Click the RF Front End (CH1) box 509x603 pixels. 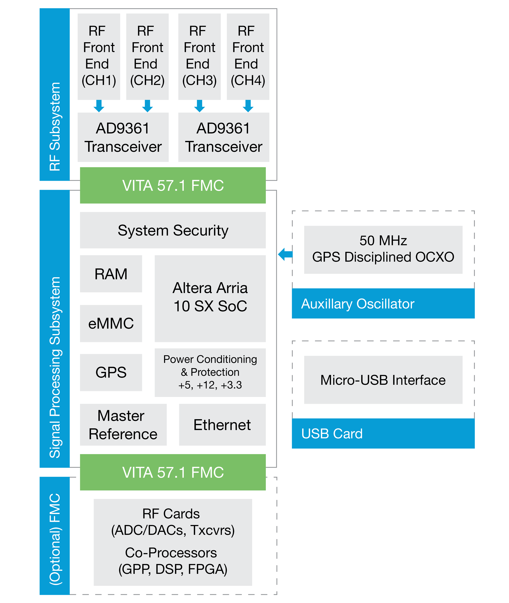[x=99, y=56]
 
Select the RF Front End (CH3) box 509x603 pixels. [x=199, y=56]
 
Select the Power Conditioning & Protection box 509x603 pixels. [x=210, y=372]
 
